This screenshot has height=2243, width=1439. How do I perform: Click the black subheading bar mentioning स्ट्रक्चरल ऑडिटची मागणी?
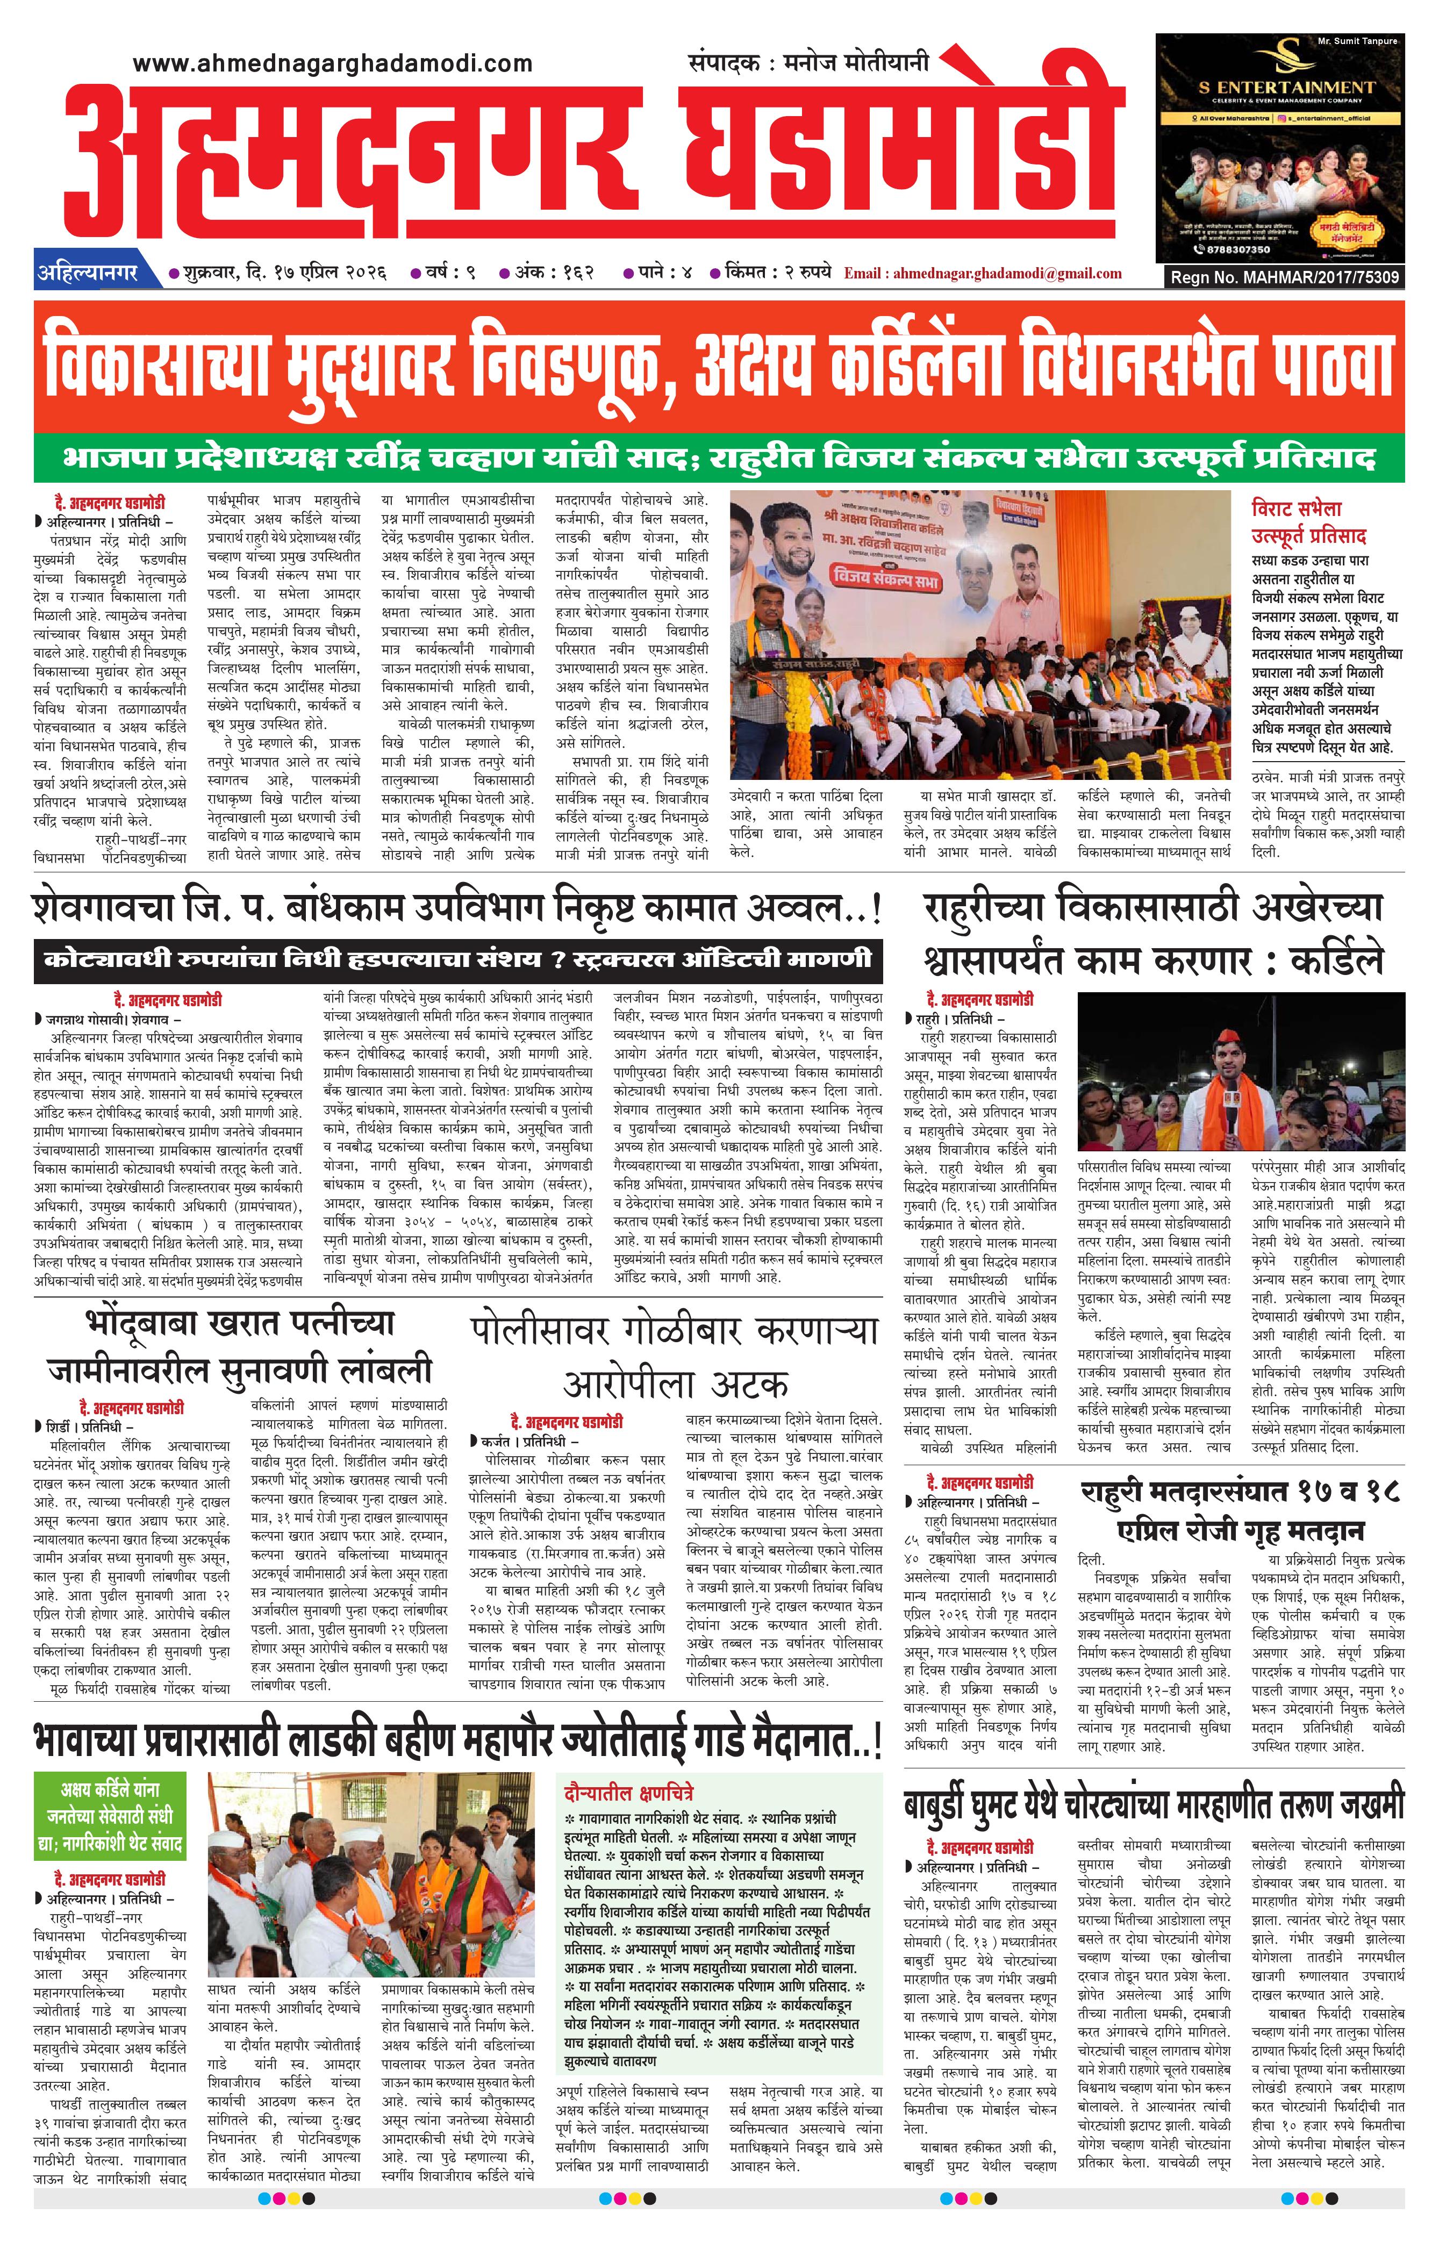coord(458,959)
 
